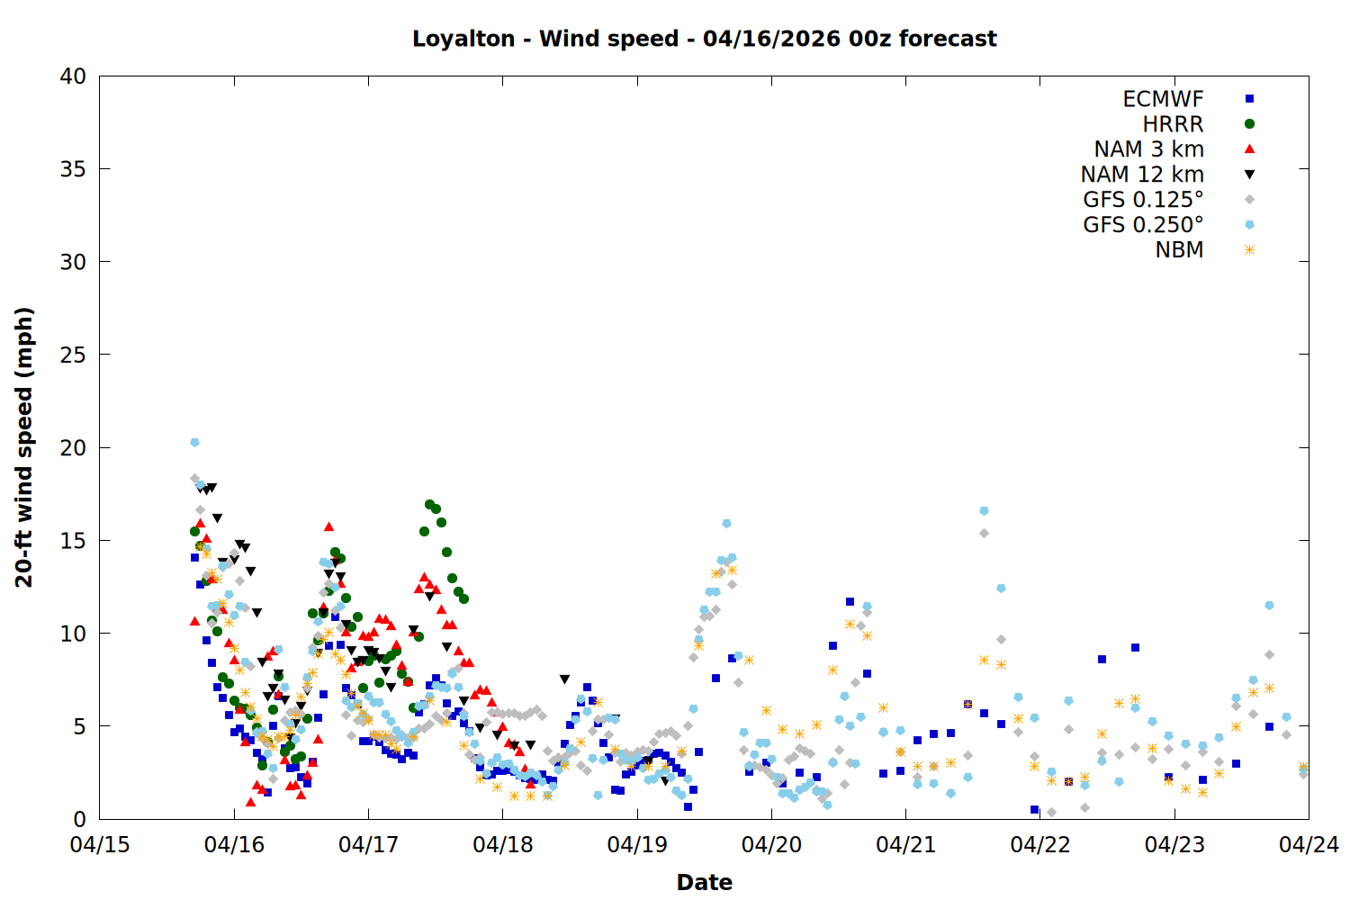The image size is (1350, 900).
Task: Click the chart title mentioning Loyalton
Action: (x=704, y=39)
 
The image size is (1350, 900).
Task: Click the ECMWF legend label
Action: (x=1163, y=99)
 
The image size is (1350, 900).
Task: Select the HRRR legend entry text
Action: (x=1173, y=124)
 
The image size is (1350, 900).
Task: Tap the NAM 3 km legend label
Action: (x=1148, y=149)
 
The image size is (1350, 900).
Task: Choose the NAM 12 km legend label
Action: (x=1142, y=175)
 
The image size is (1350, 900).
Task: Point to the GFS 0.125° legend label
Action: (x=1143, y=200)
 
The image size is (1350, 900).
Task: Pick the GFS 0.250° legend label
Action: (x=1143, y=225)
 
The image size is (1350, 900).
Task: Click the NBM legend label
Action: (x=1179, y=250)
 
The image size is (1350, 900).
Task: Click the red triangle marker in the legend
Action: (x=1249, y=148)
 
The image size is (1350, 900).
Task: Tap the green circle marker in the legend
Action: (x=1249, y=124)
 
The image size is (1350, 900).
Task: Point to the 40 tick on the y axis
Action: (x=73, y=76)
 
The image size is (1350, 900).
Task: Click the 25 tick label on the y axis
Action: (x=73, y=355)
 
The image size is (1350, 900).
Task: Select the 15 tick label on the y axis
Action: (x=73, y=541)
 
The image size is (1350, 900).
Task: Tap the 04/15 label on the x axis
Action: (x=100, y=845)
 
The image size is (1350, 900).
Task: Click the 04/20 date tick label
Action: (x=771, y=845)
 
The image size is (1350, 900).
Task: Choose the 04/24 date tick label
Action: (x=1309, y=845)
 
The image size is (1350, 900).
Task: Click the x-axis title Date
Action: (x=704, y=882)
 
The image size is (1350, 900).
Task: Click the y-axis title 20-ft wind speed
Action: (x=24, y=447)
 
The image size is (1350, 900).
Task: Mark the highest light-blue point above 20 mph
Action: (x=194, y=442)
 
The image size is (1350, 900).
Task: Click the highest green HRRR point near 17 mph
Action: (x=429, y=504)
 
